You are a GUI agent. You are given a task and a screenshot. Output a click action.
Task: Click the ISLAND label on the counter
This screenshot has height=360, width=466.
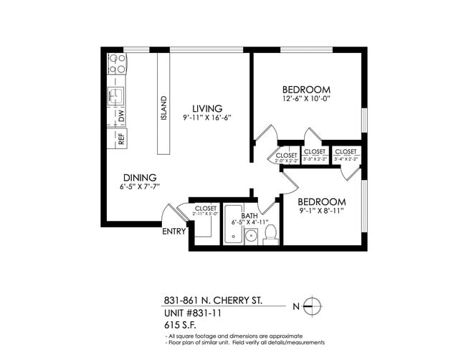[164, 108]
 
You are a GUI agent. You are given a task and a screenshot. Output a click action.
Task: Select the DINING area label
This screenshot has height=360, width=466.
[139, 178]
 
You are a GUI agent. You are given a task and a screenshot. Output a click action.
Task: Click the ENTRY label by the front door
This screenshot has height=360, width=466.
[174, 231]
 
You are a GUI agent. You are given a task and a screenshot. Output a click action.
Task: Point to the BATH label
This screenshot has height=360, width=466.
[249, 214]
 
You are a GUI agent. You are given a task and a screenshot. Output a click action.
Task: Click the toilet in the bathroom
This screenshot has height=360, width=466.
[270, 235]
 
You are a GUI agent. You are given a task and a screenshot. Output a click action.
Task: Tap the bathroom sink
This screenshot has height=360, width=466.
[251, 236]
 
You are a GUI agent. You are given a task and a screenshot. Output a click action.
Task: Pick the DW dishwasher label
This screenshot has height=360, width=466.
[120, 115]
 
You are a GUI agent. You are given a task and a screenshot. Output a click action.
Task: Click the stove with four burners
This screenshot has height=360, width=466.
[117, 65]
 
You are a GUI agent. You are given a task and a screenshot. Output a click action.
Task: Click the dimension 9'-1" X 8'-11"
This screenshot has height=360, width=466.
[321, 212]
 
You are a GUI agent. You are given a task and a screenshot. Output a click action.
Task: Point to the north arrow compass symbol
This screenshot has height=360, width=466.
[312, 308]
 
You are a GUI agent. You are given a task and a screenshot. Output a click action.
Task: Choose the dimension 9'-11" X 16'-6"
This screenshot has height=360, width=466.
[207, 118]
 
